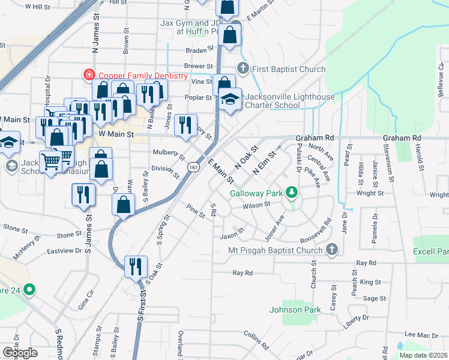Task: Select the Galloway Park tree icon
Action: click(292, 193)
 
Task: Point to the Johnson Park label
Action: click(295, 310)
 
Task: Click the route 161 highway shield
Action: click(193, 167)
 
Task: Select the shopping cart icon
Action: click(52, 160)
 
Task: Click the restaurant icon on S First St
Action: click(136, 266)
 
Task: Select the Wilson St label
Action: click(257, 205)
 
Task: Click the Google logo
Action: click(20, 352)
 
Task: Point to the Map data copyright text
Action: click(423, 355)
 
